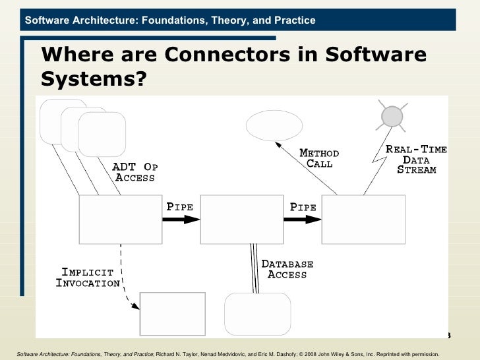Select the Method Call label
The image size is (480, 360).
click(320, 158)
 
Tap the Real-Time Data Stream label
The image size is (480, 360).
click(416, 160)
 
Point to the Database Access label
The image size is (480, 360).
click(287, 269)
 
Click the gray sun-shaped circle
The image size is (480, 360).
click(392, 117)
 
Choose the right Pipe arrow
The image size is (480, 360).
click(303, 220)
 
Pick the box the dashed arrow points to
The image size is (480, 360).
click(173, 314)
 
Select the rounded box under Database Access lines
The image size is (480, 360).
click(257, 314)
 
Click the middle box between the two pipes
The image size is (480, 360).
click(241, 220)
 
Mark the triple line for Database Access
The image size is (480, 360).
click(253, 267)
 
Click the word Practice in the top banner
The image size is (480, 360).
click(295, 20)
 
